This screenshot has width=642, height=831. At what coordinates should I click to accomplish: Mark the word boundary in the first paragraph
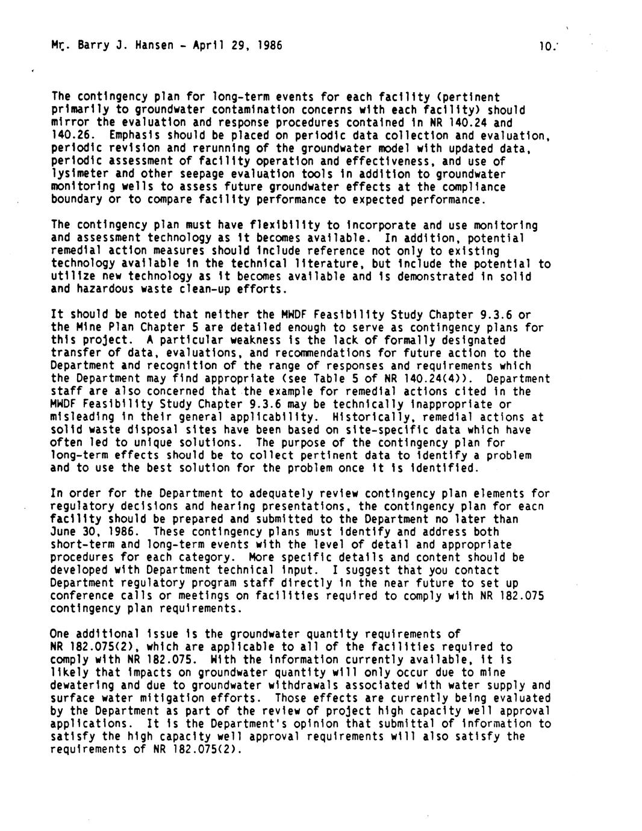76,199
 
